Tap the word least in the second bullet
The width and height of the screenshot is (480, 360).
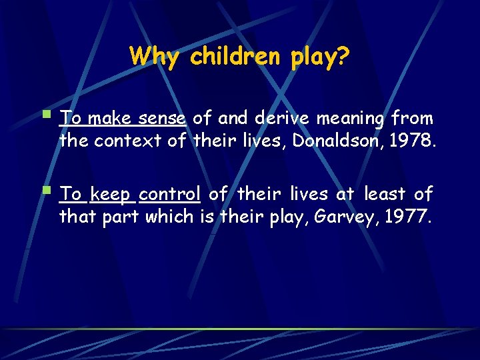[384, 195]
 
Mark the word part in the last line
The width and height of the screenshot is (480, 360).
[121, 217]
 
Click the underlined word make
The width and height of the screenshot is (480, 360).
[109, 119]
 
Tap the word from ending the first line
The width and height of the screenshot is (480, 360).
[412, 119]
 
